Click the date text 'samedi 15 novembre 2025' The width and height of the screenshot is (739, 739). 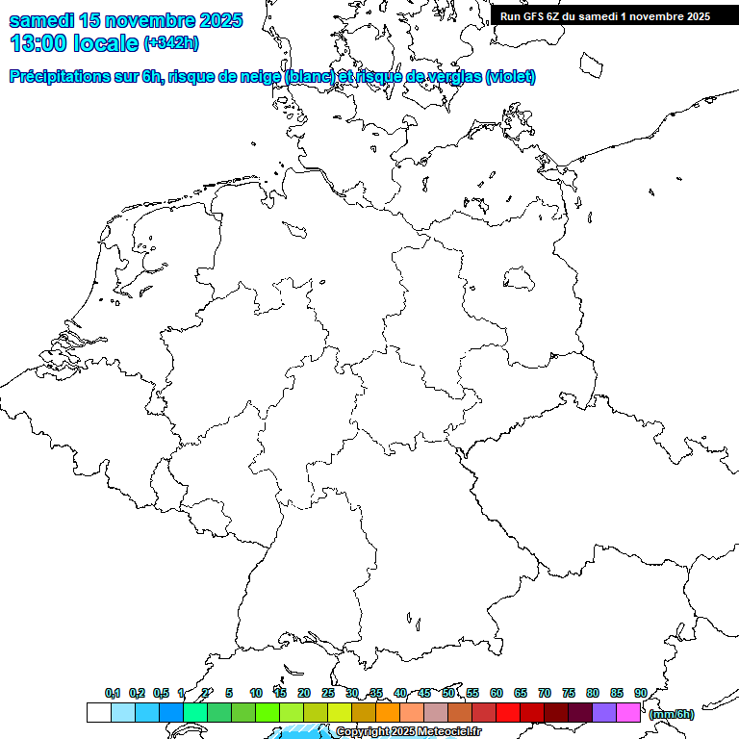[125, 20]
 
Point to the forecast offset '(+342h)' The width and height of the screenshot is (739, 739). [171, 43]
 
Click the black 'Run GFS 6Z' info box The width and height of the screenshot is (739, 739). [605, 15]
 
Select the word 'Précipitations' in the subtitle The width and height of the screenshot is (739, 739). [59, 77]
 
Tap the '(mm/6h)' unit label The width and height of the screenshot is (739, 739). [671, 714]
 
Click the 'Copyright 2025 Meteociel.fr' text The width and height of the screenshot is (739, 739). [408, 732]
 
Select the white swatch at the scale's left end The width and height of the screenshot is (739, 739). [98, 712]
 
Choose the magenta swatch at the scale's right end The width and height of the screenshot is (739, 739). [628, 712]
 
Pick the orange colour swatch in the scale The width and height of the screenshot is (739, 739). [388, 712]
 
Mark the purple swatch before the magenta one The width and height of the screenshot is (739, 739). [604, 712]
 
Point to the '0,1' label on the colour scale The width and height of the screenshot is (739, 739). [113, 693]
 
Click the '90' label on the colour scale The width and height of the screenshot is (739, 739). [640, 693]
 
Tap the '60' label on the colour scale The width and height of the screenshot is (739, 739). [497, 693]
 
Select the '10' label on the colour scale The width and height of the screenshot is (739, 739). [256, 693]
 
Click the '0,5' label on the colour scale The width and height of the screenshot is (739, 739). [161, 693]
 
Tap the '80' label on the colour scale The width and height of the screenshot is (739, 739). [593, 693]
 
